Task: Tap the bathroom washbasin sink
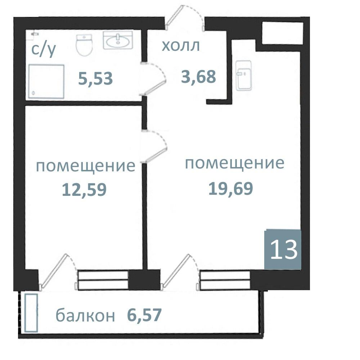tap(118, 40)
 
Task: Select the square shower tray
tap(46, 82)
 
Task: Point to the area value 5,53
tap(95, 78)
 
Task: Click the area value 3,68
tap(198, 76)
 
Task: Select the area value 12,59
tap(84, 189)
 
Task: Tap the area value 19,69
tap(231, 188)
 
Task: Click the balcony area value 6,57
tap(144, 316)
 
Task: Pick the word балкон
tap(85, 316)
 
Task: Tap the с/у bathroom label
tap(44, 50)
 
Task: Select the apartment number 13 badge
tap(283, 249)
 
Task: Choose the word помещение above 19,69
tap(234, 163)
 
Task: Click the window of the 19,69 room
tap(225, 280)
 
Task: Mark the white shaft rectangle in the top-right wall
tap(282, 33)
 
